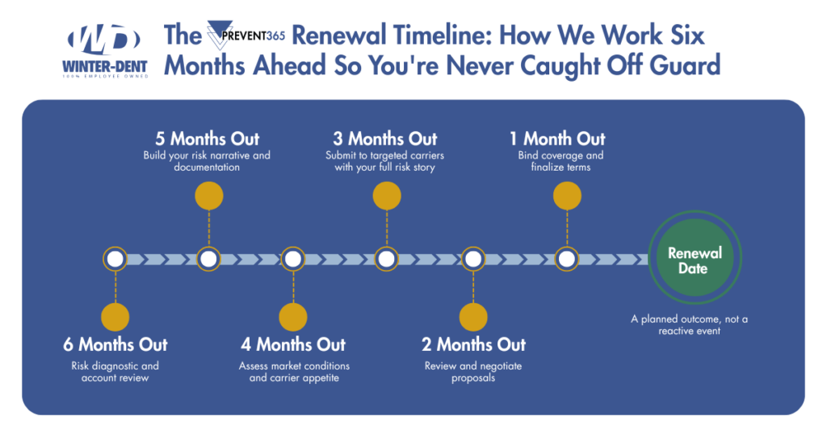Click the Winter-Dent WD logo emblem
104,40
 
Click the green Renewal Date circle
692,260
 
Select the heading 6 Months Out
115,344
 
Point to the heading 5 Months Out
208,138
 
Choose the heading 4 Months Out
292,344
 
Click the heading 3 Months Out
385,138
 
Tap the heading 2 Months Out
473,344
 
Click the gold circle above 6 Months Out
115,316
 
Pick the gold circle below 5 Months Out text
209,196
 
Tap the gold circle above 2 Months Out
473,316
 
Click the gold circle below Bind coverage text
567,196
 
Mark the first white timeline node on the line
115,259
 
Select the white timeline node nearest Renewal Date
567,259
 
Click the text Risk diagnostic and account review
115,372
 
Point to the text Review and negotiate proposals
473,372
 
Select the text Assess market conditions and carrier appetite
294,372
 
